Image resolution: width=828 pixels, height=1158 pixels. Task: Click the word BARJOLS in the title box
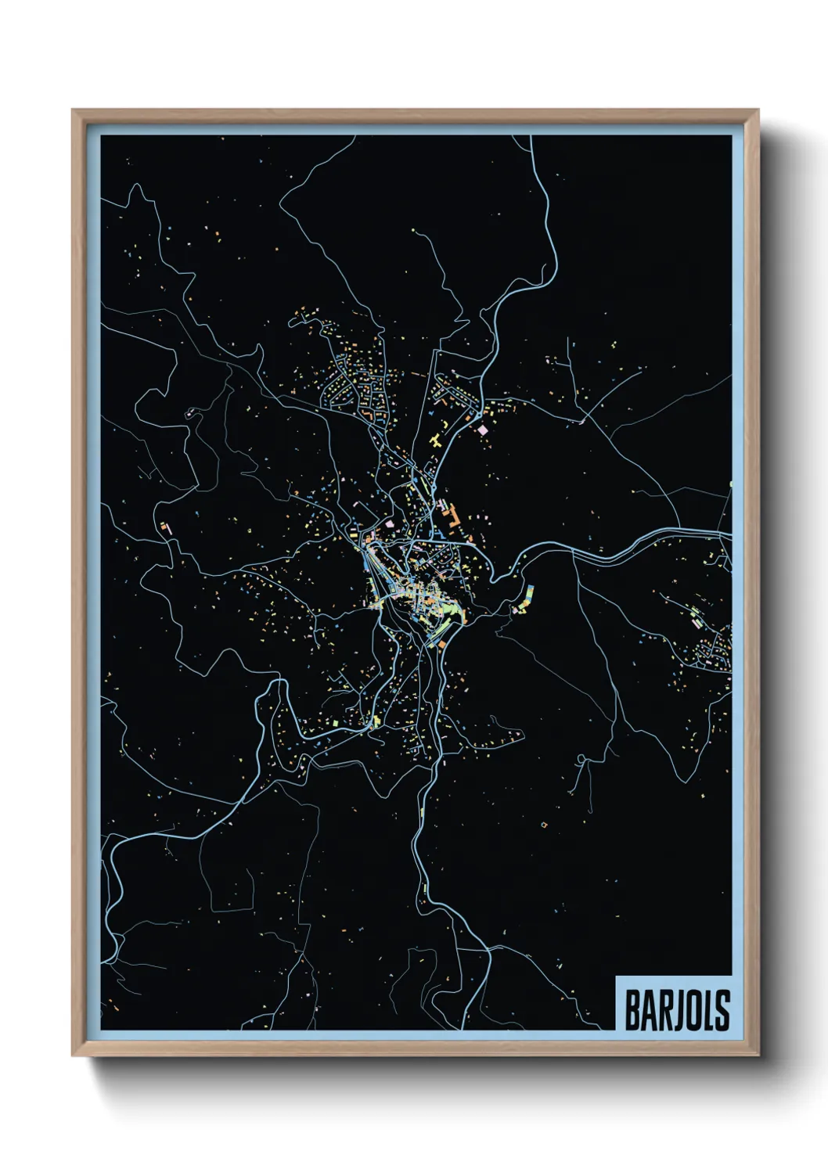point(677,1009)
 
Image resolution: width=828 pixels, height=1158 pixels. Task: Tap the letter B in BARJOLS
point(632,1009)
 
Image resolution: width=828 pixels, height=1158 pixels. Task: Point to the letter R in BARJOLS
point(664,1009)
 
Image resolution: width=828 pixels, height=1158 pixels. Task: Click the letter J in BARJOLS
point(677,1009)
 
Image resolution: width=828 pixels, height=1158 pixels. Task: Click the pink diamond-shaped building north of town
point(483,430)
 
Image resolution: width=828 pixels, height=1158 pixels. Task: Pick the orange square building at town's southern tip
point(442,644)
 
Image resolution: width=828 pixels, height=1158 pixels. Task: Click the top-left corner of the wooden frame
point(74,111)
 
